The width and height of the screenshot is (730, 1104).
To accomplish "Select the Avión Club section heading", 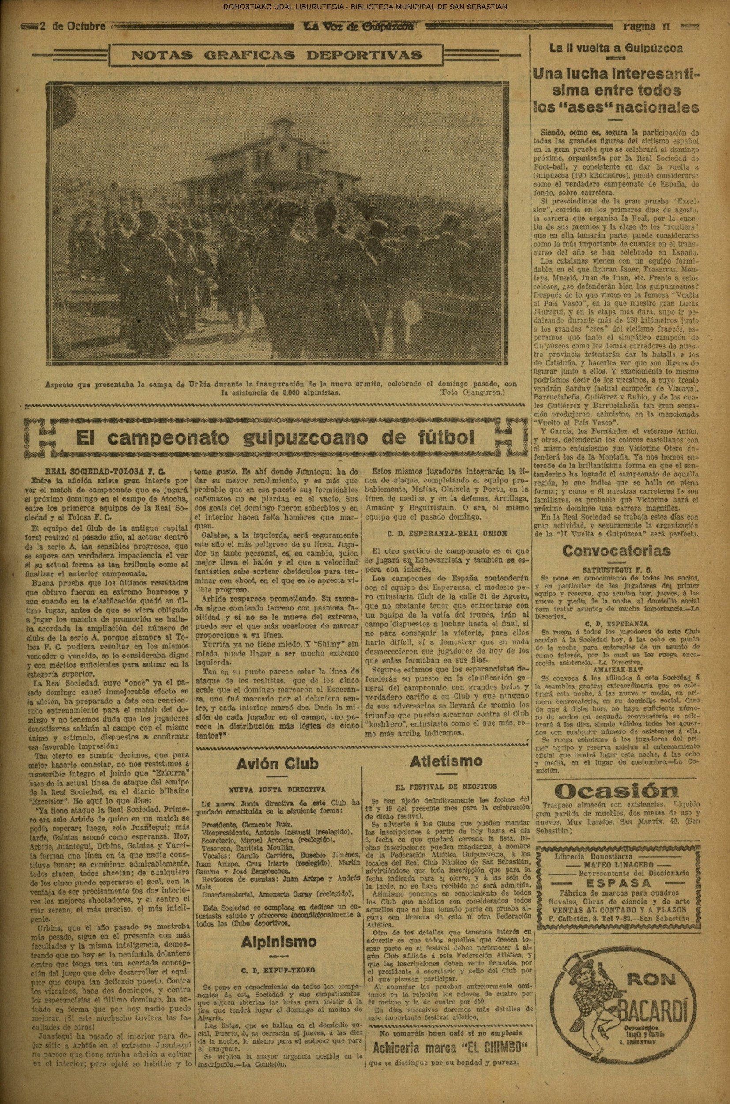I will [277, 763].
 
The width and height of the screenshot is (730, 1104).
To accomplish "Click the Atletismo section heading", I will [446, 761].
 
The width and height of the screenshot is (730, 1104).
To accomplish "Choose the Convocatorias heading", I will [616, 550].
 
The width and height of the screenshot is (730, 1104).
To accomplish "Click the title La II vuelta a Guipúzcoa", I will [616, 48].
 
